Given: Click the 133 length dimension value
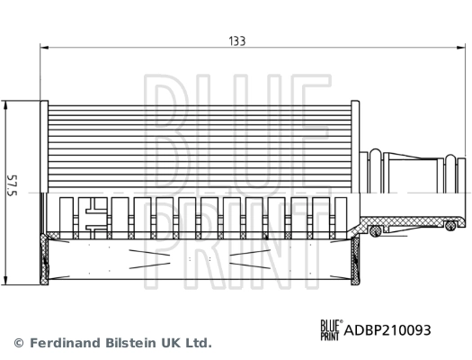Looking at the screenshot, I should (x=236, y=40).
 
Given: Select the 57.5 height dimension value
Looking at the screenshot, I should (x=11, y=190).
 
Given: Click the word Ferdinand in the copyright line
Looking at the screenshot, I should (x=67, y=343).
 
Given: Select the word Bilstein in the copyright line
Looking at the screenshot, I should (x=138, y=343).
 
